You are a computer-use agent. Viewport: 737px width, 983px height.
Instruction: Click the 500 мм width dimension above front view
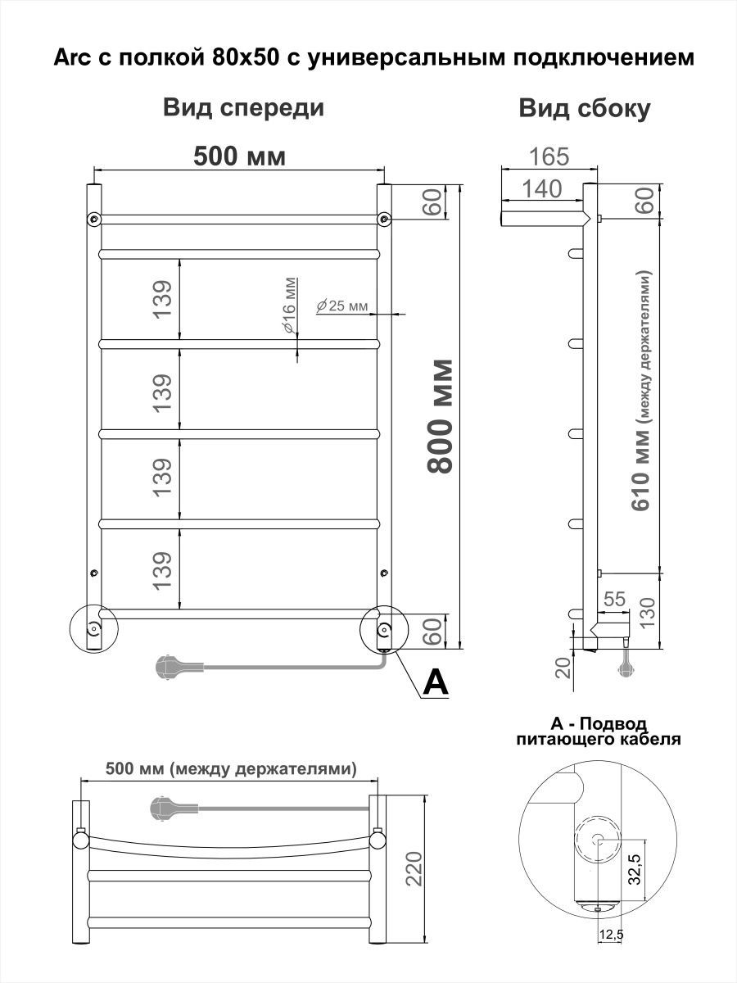[239, 156]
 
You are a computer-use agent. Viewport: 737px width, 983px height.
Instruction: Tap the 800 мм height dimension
[441, 416]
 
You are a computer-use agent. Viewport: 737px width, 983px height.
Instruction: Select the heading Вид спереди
[243, 108]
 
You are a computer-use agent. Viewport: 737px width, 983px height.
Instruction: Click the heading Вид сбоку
[585, 109]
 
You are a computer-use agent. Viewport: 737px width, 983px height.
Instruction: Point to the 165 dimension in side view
[549, 156]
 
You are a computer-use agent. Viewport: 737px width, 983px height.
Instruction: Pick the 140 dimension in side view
[542, 188]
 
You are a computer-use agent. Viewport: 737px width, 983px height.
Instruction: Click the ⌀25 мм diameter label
[341, 306]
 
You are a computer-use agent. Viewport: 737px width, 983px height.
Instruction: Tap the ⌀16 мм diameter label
[289, 306]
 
